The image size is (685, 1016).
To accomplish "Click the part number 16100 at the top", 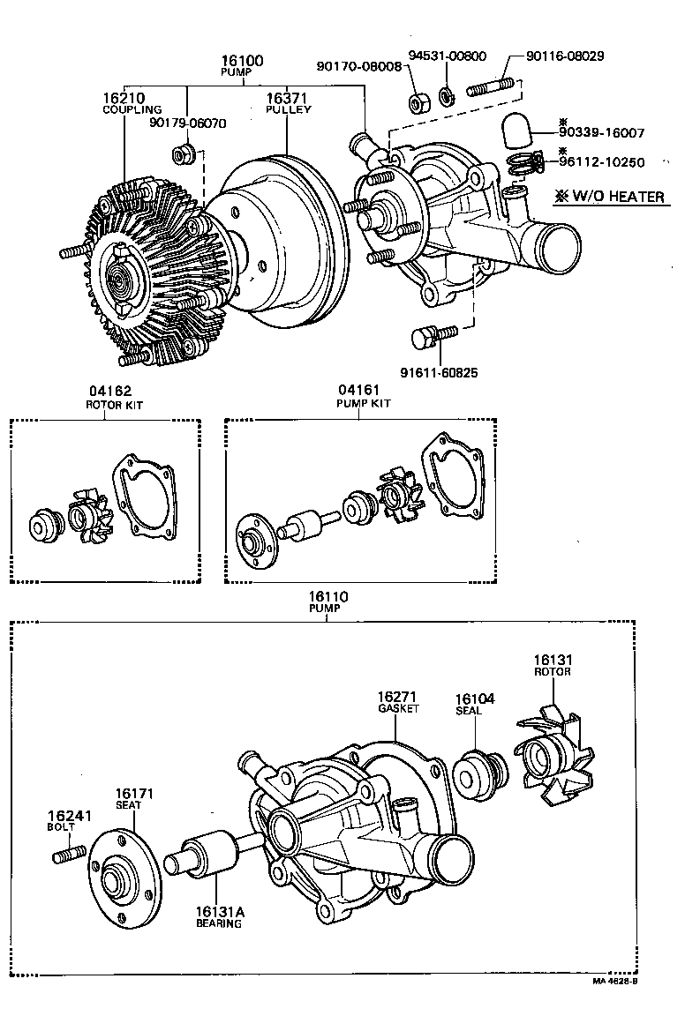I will click(x=242, y=61).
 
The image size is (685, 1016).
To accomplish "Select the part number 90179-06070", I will click(x=188, y=123).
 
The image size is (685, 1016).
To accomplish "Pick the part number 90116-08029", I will click(x=565, y=56).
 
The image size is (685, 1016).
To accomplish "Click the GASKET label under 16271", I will click(x=397, y=708).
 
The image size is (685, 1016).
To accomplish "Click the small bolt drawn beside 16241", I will click(x=70, y=854).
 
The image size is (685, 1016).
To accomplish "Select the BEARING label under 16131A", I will click(x=219, y=923).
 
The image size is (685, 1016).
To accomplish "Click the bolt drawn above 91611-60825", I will click(x=433, y=336).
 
